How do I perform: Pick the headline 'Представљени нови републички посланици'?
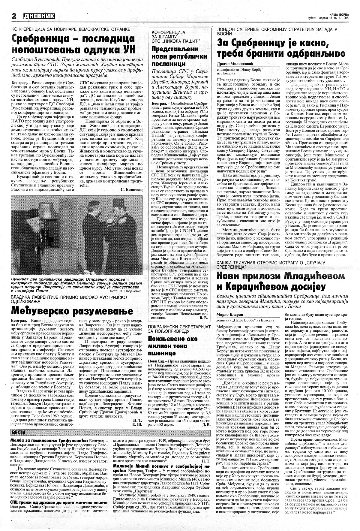(x=171, y=56)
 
